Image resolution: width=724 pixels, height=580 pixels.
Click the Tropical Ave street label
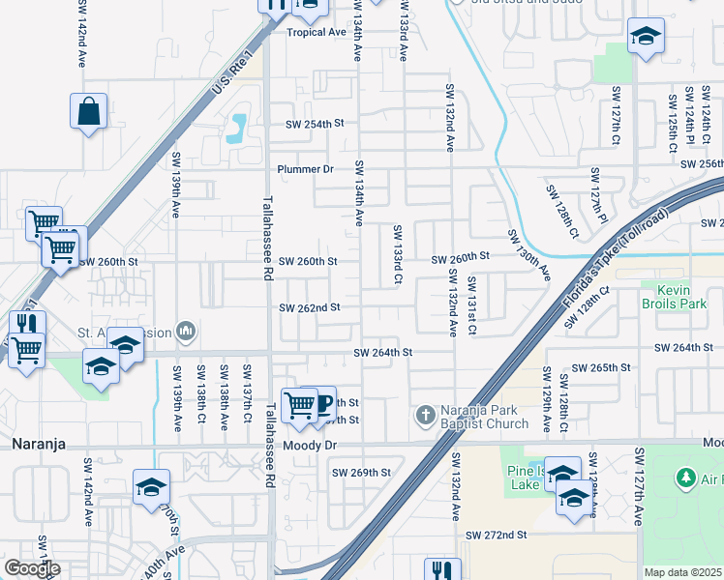click(x=316, y=32)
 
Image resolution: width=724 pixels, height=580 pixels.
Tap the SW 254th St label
click(x=315, y=125)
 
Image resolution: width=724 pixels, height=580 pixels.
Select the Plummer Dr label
click(x=305, y=169)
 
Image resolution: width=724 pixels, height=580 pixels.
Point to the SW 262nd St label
click(x=310, y=307)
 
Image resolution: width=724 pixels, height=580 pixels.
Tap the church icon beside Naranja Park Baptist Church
click(x=424, y=416)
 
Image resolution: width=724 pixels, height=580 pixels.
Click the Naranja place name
click(x=38, y=445)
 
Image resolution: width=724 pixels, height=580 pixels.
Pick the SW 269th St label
click(x=361, y=473)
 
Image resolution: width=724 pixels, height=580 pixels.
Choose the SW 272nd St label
click(x=496, y=535)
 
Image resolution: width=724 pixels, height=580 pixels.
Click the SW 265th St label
click(x=600, y=368)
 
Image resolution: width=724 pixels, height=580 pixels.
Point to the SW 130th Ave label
click(x=529, y=256)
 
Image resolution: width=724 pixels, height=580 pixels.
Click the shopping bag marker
click(x=89, y=111)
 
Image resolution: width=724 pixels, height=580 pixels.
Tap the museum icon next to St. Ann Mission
click(x=187, y=333)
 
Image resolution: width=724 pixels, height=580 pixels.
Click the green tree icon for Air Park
click(x=685, y=478)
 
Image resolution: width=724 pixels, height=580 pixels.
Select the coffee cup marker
click(x=321, y=402)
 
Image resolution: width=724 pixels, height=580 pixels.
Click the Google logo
click(x=32, y=568)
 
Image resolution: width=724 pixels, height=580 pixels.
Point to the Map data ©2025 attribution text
click(x=682, y=572)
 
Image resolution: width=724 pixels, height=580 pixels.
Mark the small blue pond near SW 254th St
click(x=236, y=128)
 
